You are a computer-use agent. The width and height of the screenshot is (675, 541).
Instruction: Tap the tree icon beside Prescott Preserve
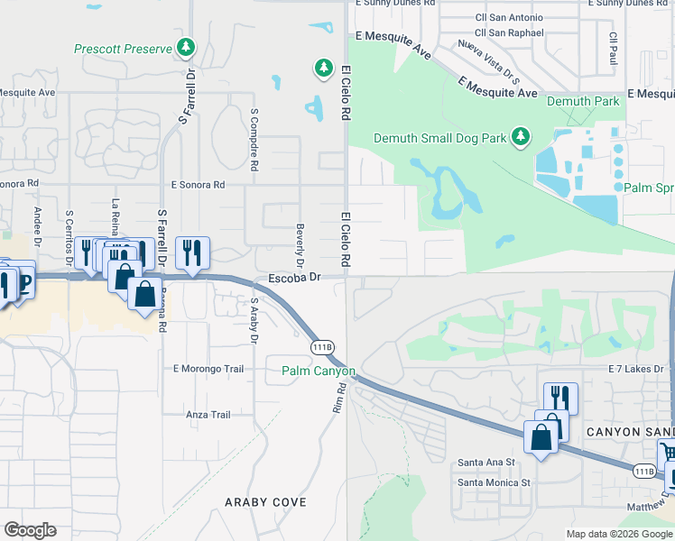[186, 46]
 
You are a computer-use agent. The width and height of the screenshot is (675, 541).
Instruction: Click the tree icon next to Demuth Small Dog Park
[520, 137]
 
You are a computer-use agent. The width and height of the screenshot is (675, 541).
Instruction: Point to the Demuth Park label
[583, 102]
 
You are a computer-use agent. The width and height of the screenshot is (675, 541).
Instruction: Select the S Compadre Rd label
[254, 141]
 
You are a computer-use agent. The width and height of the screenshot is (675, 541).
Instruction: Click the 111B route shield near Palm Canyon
[322, 346]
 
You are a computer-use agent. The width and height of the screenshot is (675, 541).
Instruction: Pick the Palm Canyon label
[319, 371]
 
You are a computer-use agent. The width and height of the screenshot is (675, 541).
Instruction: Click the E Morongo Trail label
[208, 369]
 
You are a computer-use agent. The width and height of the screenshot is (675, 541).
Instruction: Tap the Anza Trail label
[208, 415]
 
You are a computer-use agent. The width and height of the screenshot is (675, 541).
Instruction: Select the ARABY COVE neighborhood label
[266, 501]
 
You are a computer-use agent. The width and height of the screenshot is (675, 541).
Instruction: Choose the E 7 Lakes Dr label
[635, 370]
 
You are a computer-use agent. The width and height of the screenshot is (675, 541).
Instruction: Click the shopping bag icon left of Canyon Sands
[541, 438]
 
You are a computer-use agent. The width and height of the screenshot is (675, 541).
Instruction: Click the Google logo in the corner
[30, 530]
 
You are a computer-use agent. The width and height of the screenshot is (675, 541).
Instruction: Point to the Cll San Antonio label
[510, 17]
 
